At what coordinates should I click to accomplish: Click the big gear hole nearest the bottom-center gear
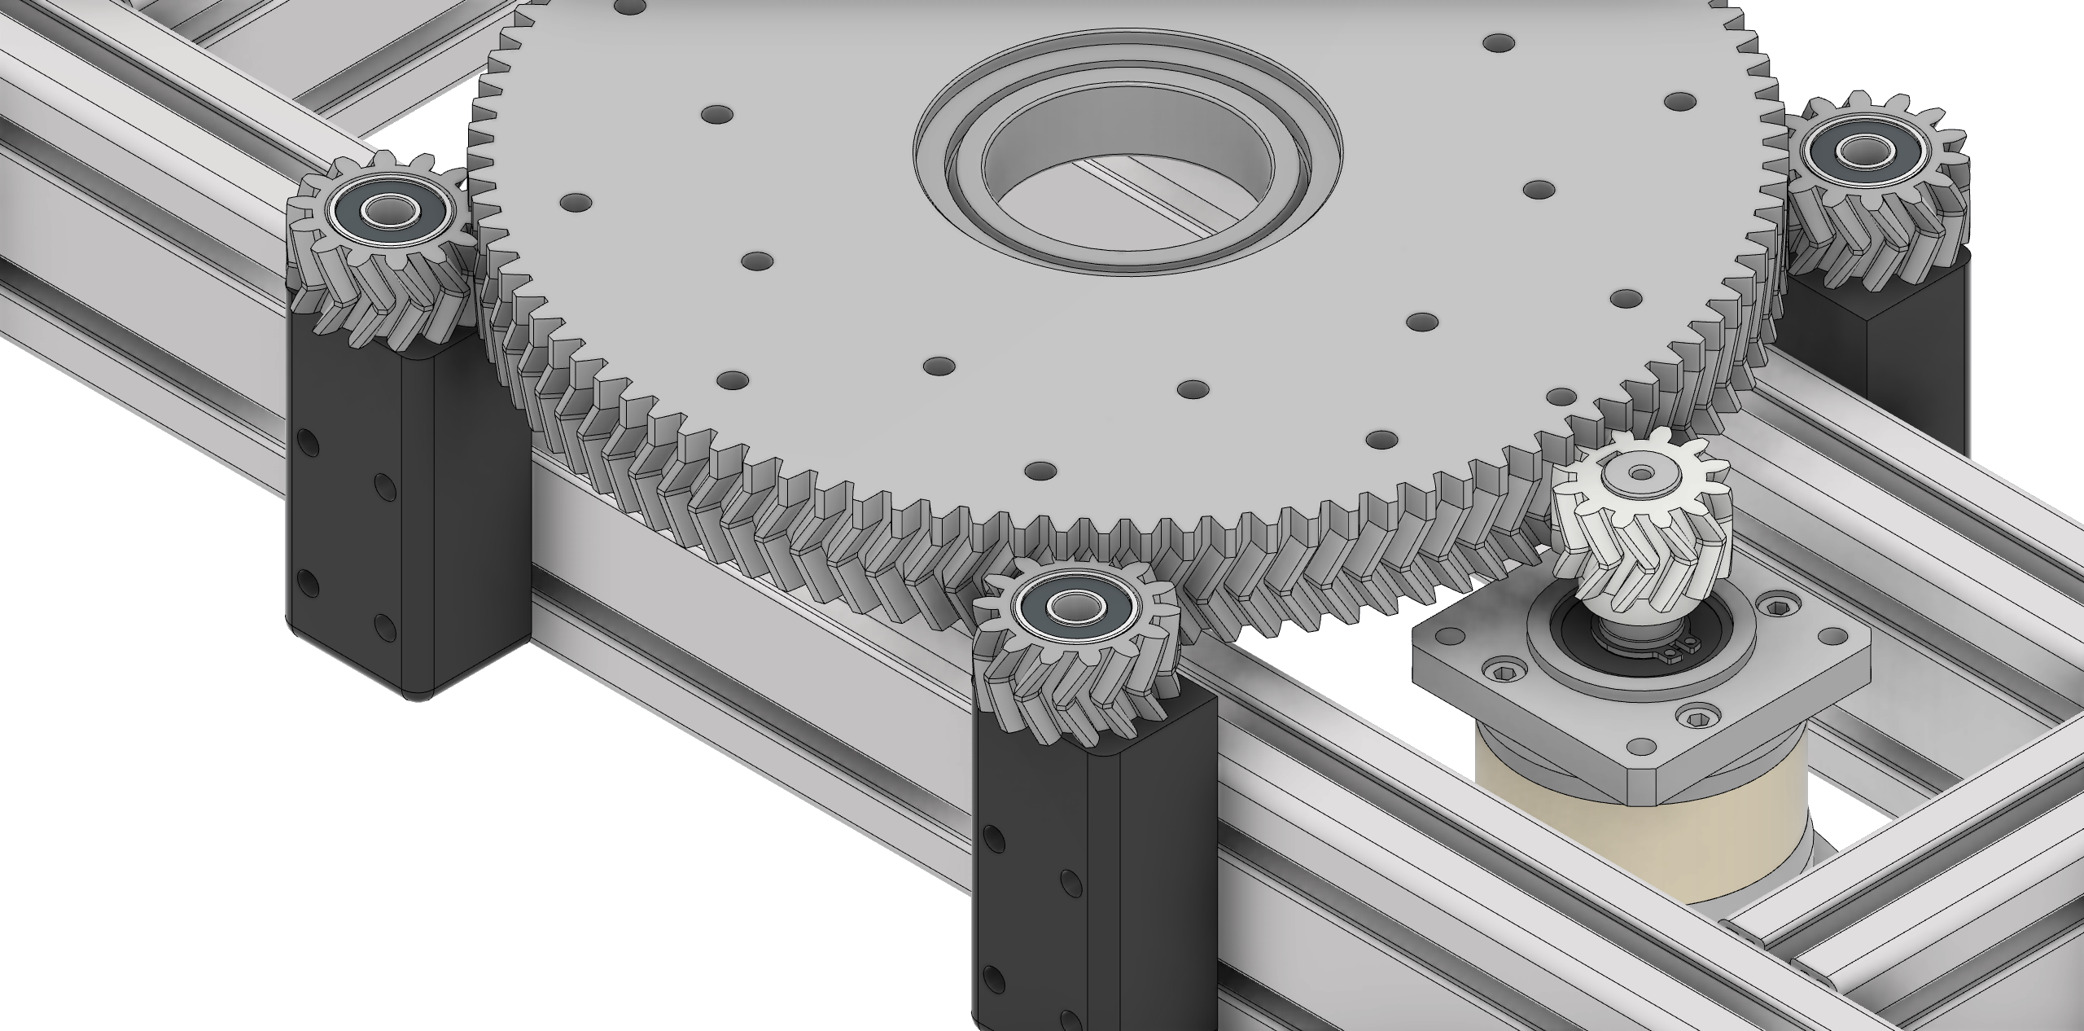click(1040, 471)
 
